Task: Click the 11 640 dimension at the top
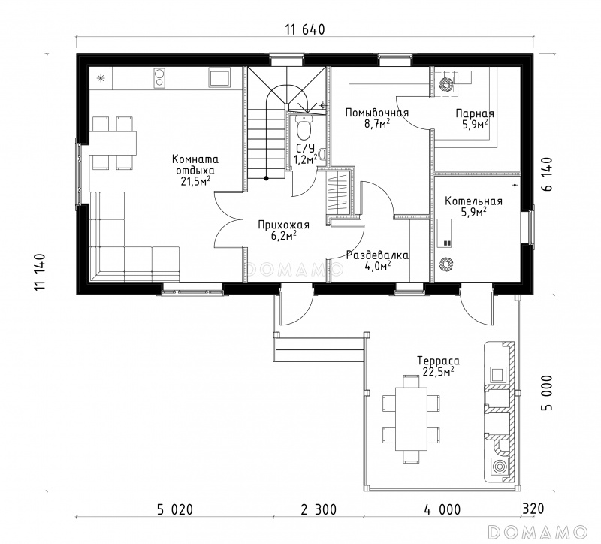pyautogui.click(x=305, y=29)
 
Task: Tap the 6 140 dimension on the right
pyautogui.click(x=547, y=174)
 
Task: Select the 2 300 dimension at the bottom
pyautogui.click(x=319, y=509)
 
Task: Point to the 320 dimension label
pyautogui.click(x=533, y=509)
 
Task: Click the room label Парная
pyautogui.click(x=475, y=113)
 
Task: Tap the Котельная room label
pyautogui.click(x=473, y=201)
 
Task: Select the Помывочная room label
pyautogui.click(x=377, y=113)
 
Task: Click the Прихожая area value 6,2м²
pyautogui.click(x=284, y=235)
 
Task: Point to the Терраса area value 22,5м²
pyautogui.click(x=439, y=371)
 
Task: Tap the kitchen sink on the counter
pyautogui.click(x=219, y=77)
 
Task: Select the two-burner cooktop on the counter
pyautogui.click(x=159, y=77)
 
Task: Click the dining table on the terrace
pyautogui.click(x=411, y=419)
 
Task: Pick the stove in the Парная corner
pyautogui.click(x=445, y=83)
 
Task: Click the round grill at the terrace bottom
pyautogui.click(x=499, y=467)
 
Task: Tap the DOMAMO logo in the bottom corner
pyautogui.click(x=538, y=532)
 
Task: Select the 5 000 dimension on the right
pyautogui.click(x=547, y=392)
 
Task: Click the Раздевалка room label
pyautogui.click(x=377, y=255)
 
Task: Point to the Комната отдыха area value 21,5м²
pyautogui.click(x=195, y=181)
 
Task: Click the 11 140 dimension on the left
pyautogui.click(x=40, y=273)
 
